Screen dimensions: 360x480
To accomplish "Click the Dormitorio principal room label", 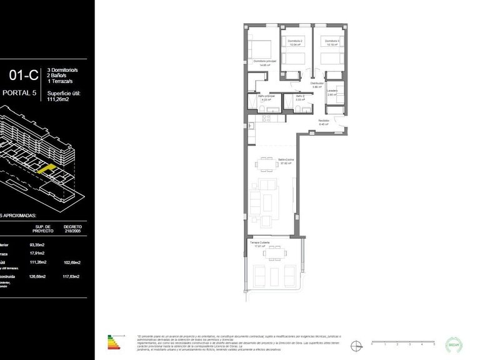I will coord(264,62).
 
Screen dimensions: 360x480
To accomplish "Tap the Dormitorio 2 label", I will coord(295,42).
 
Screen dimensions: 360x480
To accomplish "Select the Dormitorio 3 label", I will coord(331,42).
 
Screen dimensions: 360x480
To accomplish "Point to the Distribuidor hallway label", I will coord(317,84).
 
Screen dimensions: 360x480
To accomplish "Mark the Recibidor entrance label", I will coord(324,122).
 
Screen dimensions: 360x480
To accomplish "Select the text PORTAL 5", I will coord(21,94).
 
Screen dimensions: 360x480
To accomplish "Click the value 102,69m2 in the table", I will coord(72,263).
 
